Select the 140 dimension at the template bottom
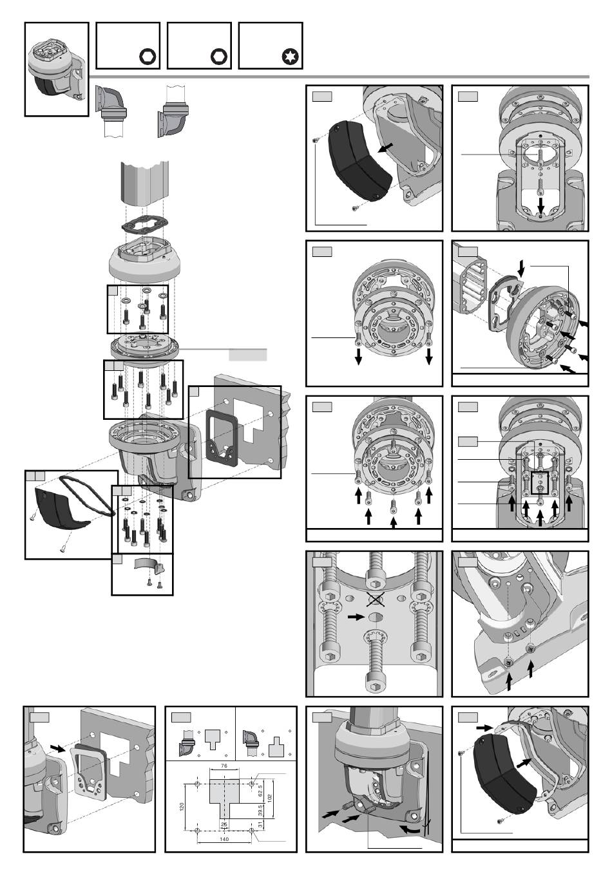point(224,839)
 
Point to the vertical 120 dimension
point(182,806)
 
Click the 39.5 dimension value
point(260,810)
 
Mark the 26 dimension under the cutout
point(224,824)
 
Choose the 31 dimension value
point(260,824)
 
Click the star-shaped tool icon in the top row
point(291,57)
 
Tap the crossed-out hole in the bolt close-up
point(376,600)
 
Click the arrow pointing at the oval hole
point(356,617)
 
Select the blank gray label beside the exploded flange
point(248,355)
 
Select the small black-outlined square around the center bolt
point(539,483)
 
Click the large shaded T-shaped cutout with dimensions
point(224,797)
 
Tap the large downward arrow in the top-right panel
point(540,205)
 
